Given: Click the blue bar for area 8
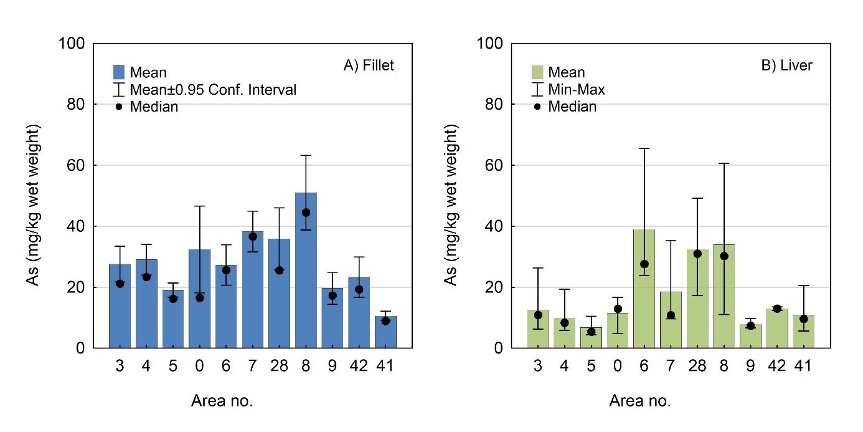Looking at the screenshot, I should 306,274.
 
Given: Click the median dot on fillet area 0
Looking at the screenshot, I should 199,298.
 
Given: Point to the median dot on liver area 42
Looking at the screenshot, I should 777,309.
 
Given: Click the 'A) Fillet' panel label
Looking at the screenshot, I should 369,65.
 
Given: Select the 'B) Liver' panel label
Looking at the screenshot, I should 786,65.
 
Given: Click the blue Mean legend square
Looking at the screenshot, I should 120,72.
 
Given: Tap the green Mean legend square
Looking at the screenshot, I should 538,72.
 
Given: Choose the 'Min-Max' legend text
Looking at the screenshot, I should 577,90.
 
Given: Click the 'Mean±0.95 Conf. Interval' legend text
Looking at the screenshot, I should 213,90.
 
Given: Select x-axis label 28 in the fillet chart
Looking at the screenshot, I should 279,366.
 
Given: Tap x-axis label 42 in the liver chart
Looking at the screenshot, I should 777,366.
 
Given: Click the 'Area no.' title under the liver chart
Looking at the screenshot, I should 640,401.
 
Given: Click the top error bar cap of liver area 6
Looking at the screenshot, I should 644,148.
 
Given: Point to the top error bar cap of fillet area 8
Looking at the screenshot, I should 306,155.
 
